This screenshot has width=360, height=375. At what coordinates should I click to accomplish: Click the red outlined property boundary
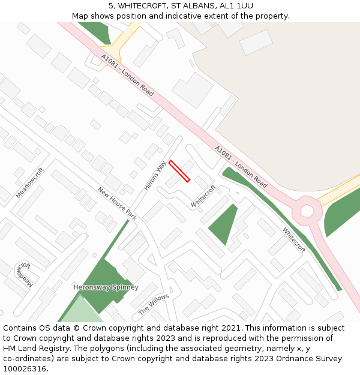click(179, 171)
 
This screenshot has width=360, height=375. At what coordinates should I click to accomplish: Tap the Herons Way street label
click(155, 176)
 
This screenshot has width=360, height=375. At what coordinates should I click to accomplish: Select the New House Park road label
click(118, 203)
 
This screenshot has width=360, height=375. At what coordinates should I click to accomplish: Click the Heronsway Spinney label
click(106, 287)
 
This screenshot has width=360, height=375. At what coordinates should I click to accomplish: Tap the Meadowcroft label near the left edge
click(30, 183)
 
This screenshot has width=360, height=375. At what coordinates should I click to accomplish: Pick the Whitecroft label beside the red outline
click(203, 196)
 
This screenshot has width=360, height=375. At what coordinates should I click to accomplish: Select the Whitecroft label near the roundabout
click(294, 239)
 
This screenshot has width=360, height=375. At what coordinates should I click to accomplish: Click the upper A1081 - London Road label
click(127, 75)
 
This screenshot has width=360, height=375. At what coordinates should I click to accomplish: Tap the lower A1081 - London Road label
click(241, 166)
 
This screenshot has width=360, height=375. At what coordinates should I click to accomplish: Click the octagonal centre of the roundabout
click(307, 211)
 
